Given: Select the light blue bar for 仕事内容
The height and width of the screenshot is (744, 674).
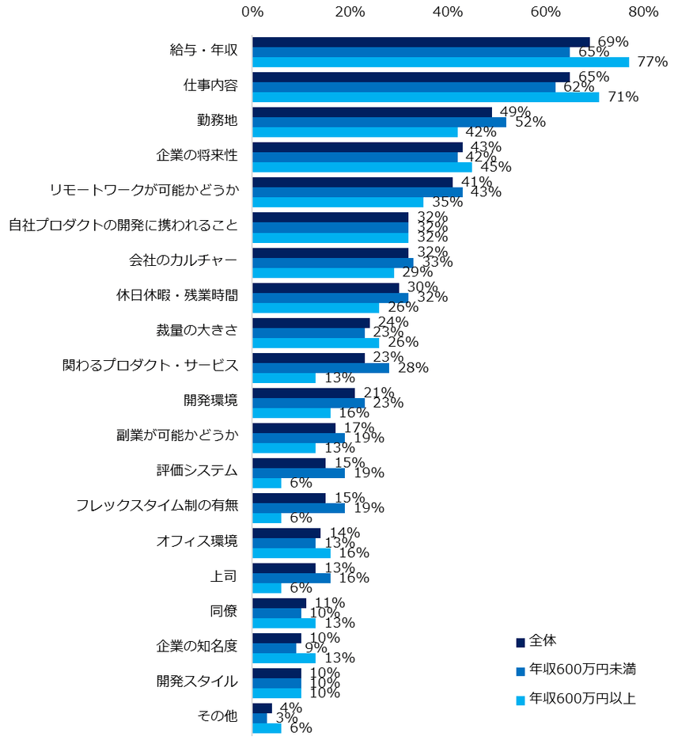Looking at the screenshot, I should click(426, 97).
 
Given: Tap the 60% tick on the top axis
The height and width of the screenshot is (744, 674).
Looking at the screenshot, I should click(545, 12).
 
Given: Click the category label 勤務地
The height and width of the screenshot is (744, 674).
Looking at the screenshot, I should click(217, 120).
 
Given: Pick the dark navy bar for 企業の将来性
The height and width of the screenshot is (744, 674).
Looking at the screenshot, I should click(358, 147).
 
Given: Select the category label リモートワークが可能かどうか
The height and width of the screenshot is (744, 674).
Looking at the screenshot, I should click(143, 190).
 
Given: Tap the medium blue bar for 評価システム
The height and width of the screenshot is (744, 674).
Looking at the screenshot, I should click(298, 473).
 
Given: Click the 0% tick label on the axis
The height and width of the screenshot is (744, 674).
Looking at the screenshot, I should click(252, 12).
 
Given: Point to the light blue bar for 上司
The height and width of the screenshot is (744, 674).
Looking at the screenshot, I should click(267, 588).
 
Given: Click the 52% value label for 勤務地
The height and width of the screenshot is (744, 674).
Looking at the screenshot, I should click(530, 123).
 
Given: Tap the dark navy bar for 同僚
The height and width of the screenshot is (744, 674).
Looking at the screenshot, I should click(279, 603).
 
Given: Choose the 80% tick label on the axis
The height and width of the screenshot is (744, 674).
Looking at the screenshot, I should click(643, 12).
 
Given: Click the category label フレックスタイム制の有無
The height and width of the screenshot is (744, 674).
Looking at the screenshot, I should click(157, 505).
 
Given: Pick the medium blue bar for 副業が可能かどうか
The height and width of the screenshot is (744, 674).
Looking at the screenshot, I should click(298, 438).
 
